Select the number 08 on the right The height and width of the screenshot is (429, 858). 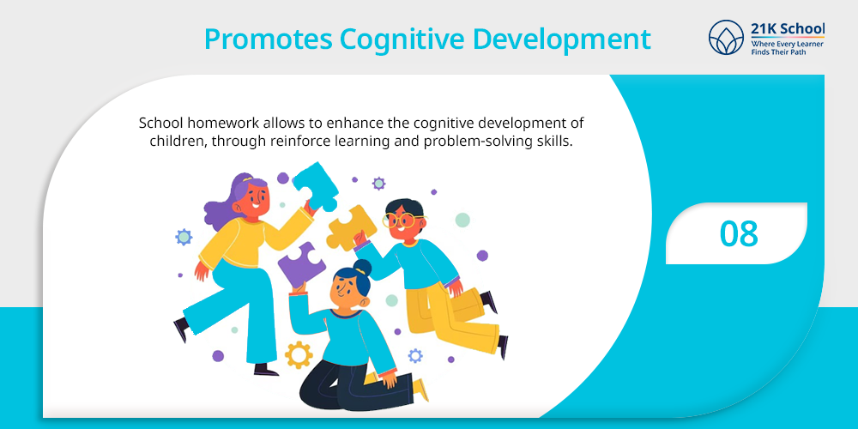[x=739, y=233]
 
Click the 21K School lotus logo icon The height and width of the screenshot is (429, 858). [x=726, y=37]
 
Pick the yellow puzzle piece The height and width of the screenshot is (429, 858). [x=351, y=227]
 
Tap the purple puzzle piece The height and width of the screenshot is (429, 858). [x=301, y=264]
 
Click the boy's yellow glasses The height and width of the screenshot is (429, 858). [x=398, y=221]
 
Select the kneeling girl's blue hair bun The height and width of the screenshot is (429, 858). [x=362, y=268]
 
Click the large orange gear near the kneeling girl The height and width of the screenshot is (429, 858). [x=299, y=354]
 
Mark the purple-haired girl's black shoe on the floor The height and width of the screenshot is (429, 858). [x=266, y=370]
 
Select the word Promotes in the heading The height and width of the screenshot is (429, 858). [x=267, y=39]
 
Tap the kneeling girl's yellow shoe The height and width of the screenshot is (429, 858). [x=420, y=390]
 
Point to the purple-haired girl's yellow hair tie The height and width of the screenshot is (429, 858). [x=248, y=178]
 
